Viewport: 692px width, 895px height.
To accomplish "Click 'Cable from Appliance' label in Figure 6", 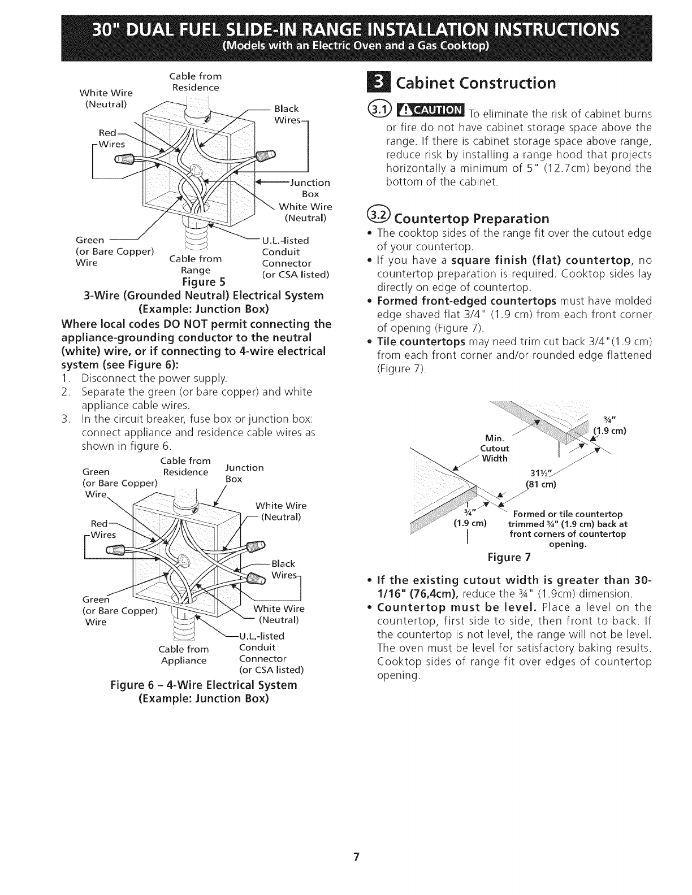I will click(184, 654).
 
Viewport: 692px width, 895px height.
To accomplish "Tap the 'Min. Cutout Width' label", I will click(494, 448).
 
